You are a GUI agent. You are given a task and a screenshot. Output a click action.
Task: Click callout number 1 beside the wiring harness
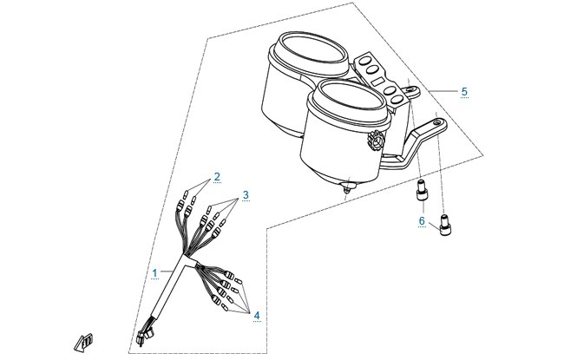click(154, 273)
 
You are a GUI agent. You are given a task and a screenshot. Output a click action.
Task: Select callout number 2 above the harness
click(217, 177)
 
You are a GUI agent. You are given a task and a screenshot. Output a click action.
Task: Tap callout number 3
click(246, 195)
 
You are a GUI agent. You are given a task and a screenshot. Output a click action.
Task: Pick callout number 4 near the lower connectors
click(257, 316)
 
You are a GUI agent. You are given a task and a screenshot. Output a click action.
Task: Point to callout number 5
click(464, 92)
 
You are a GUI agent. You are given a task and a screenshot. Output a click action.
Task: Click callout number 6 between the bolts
click(422, 221)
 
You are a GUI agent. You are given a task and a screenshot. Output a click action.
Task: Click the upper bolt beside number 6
click(422, 190)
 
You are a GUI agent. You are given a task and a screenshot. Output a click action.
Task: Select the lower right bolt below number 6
click(445, 225)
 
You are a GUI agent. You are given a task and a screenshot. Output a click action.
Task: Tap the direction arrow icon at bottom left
click(83, 343)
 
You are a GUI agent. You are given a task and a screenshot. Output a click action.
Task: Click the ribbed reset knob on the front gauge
click(377, 141)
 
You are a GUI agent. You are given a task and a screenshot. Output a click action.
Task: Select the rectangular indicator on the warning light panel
click(378, 82)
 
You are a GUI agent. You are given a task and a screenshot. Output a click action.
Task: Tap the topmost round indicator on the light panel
click(365, 60)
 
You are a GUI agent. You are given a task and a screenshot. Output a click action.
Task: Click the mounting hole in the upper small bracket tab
click(410, 88)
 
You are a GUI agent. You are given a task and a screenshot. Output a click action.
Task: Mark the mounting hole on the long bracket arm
click(437, 123)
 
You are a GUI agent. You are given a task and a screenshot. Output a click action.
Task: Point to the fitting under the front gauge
click(346, 187)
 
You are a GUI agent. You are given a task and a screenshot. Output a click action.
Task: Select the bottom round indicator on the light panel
click(397, 99)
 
